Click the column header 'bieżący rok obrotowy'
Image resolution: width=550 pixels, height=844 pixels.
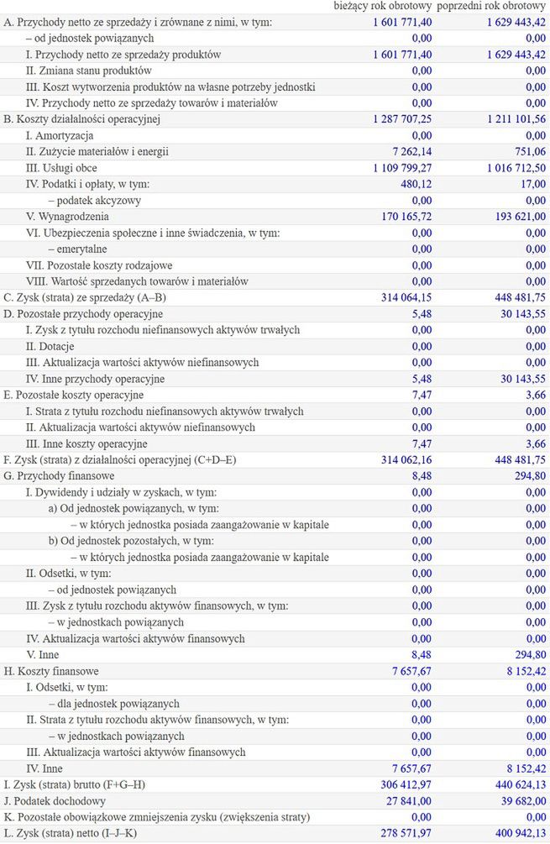click(382, 7)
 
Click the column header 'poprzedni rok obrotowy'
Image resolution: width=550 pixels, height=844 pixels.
click(491, 7)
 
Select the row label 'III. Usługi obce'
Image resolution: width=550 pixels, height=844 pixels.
click(61, 168)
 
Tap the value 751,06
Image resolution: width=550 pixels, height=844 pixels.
click(528, 152)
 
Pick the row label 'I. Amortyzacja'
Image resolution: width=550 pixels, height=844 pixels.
click(60, 135)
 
